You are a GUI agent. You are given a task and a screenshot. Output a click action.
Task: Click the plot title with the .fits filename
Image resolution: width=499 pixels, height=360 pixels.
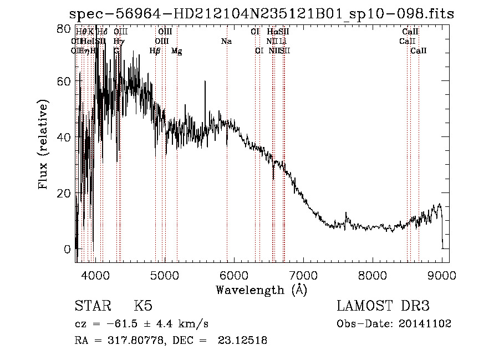pyautogui.click(x=261, y=14)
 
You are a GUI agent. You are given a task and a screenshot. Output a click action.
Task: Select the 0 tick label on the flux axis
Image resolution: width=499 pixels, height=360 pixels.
pyautogui.click(x=68, y=249)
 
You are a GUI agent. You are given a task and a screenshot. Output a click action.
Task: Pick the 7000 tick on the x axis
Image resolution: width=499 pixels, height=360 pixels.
pyautogui.click(x=303, y=274)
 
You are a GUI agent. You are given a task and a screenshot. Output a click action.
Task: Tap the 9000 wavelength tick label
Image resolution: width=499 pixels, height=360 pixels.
pyautogui.click(x=442, y=274)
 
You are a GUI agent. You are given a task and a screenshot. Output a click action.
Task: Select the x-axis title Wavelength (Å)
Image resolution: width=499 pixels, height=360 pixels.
pyautogui.click(x=261, y=289)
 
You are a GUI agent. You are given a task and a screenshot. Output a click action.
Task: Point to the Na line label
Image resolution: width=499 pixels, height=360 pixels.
pyautogui.click(x=226, y=42)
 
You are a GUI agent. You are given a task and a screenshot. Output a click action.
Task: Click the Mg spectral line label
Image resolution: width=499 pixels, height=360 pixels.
pyautogui.click(x=176, y=51)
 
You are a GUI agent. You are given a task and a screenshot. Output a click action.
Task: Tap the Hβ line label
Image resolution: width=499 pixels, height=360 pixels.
pyautogui.click(x=155, y=51)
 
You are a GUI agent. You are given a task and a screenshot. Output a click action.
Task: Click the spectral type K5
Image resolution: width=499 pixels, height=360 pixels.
pyautogui.click(x=143, y=306)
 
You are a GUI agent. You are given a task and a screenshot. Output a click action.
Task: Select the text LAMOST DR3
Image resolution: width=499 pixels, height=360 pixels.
pyautogui.click(x=383, y=306)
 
